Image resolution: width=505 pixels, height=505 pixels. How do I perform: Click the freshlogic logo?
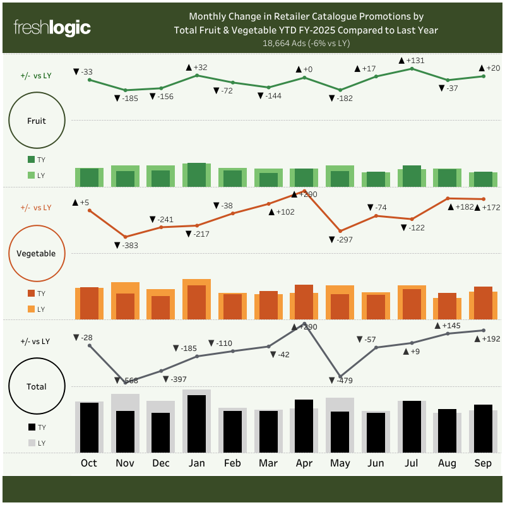(x=52, y=28)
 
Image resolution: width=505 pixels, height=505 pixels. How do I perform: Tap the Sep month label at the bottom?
(x=483, y=463)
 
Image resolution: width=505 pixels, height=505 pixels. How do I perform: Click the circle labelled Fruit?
(x=37, y=120)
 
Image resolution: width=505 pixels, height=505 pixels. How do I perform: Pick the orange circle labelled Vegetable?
(x=37, y=254)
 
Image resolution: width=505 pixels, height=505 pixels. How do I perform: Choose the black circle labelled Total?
(x=37, y=387)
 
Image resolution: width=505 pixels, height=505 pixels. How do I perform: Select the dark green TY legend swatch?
(x=32, y=160)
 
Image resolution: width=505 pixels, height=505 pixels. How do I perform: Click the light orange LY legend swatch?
(x=32, y=309)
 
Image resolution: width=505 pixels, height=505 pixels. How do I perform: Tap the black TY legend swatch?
(x=32, y=427)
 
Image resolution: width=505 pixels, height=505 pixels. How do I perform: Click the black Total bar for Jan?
(x=197, y=424)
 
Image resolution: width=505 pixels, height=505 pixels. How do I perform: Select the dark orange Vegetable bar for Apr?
(x=304, y=302)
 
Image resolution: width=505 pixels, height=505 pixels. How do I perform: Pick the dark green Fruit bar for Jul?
(x=412, y=176)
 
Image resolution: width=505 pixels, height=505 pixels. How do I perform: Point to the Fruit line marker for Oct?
(x=90, y=80)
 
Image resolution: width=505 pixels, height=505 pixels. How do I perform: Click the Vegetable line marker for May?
(x=340, y=231)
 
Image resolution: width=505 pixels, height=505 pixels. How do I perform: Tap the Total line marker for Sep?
(x=484, y=330)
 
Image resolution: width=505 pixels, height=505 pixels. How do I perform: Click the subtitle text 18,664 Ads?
(x=306, y=44)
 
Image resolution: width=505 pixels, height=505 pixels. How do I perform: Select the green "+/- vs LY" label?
(x=36, y=76)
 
